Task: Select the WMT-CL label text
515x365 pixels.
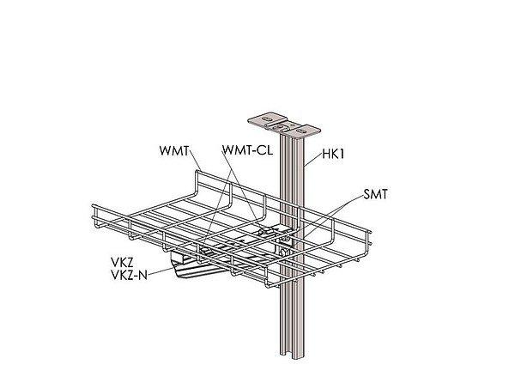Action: pyautogui.click(x=247, y=152)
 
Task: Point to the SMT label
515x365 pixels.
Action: pyautogui.click(x=376, y=195)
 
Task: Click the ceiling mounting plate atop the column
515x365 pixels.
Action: pyautogui.click(x=281, y=125)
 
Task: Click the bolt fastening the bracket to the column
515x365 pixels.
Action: pyautogui.click(x=282, y=249)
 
